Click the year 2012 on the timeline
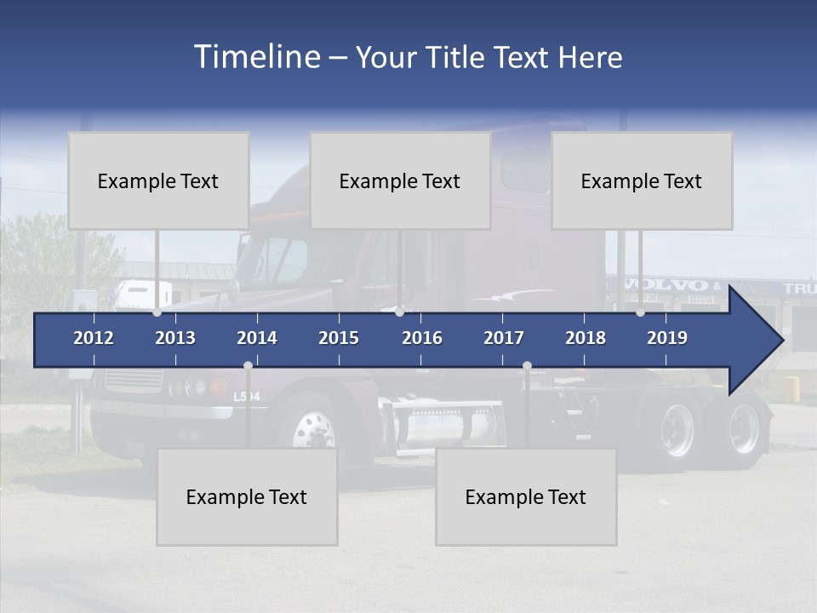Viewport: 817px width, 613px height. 94,338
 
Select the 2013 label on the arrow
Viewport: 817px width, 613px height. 175,338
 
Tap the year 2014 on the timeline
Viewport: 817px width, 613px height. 257,338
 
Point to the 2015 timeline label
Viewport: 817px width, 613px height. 339,338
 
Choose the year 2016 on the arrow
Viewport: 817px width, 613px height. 422,338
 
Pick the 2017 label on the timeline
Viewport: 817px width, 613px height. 504,338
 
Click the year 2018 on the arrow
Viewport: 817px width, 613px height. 586,338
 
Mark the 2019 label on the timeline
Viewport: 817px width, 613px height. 667,338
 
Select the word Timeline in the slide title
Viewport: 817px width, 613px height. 256,57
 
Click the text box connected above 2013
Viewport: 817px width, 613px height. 158,180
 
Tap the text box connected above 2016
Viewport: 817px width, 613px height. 400,180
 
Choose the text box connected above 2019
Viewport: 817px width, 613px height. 642,180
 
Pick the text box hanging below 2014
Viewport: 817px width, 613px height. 247,496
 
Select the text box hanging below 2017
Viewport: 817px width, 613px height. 526,496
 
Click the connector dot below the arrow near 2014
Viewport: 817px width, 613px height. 248,366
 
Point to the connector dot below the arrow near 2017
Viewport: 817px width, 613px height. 527,366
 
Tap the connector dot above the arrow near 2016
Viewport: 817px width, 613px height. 399,312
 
